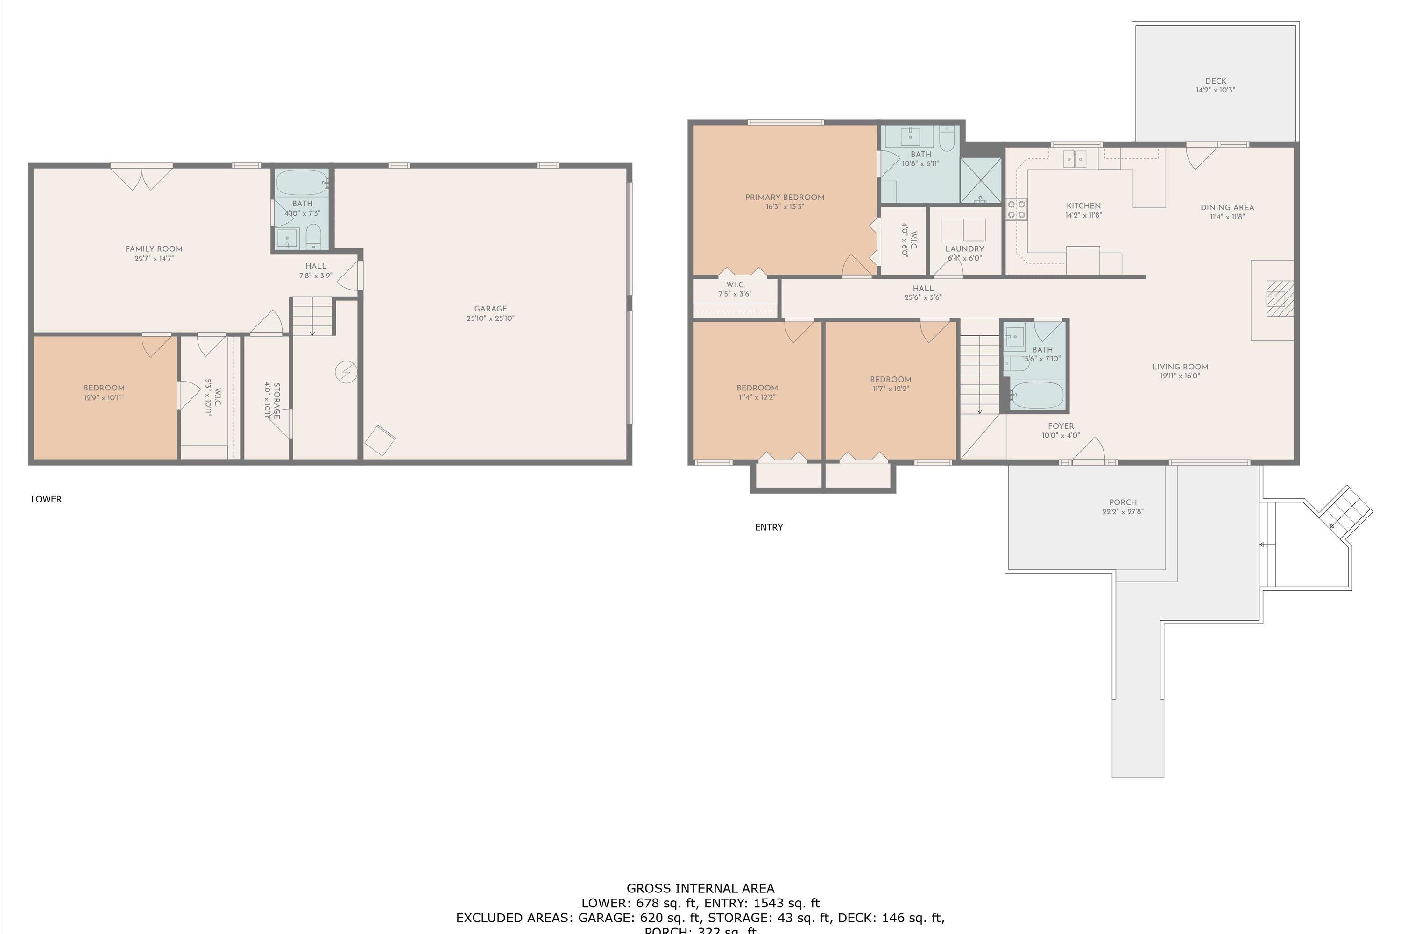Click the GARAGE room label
point(490,309)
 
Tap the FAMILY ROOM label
point(154,249)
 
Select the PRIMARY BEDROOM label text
point(785,197)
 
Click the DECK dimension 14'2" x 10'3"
point(1215,91)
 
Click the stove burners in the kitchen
point(1016,209)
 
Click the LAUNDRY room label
point(964,249)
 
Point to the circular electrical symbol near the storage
point(346,373)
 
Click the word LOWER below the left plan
point(46,499)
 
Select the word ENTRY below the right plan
point(768,527)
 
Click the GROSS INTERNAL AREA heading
point(700,889)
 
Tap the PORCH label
point(1122,502)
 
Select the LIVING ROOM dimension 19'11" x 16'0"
point(1180,376)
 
